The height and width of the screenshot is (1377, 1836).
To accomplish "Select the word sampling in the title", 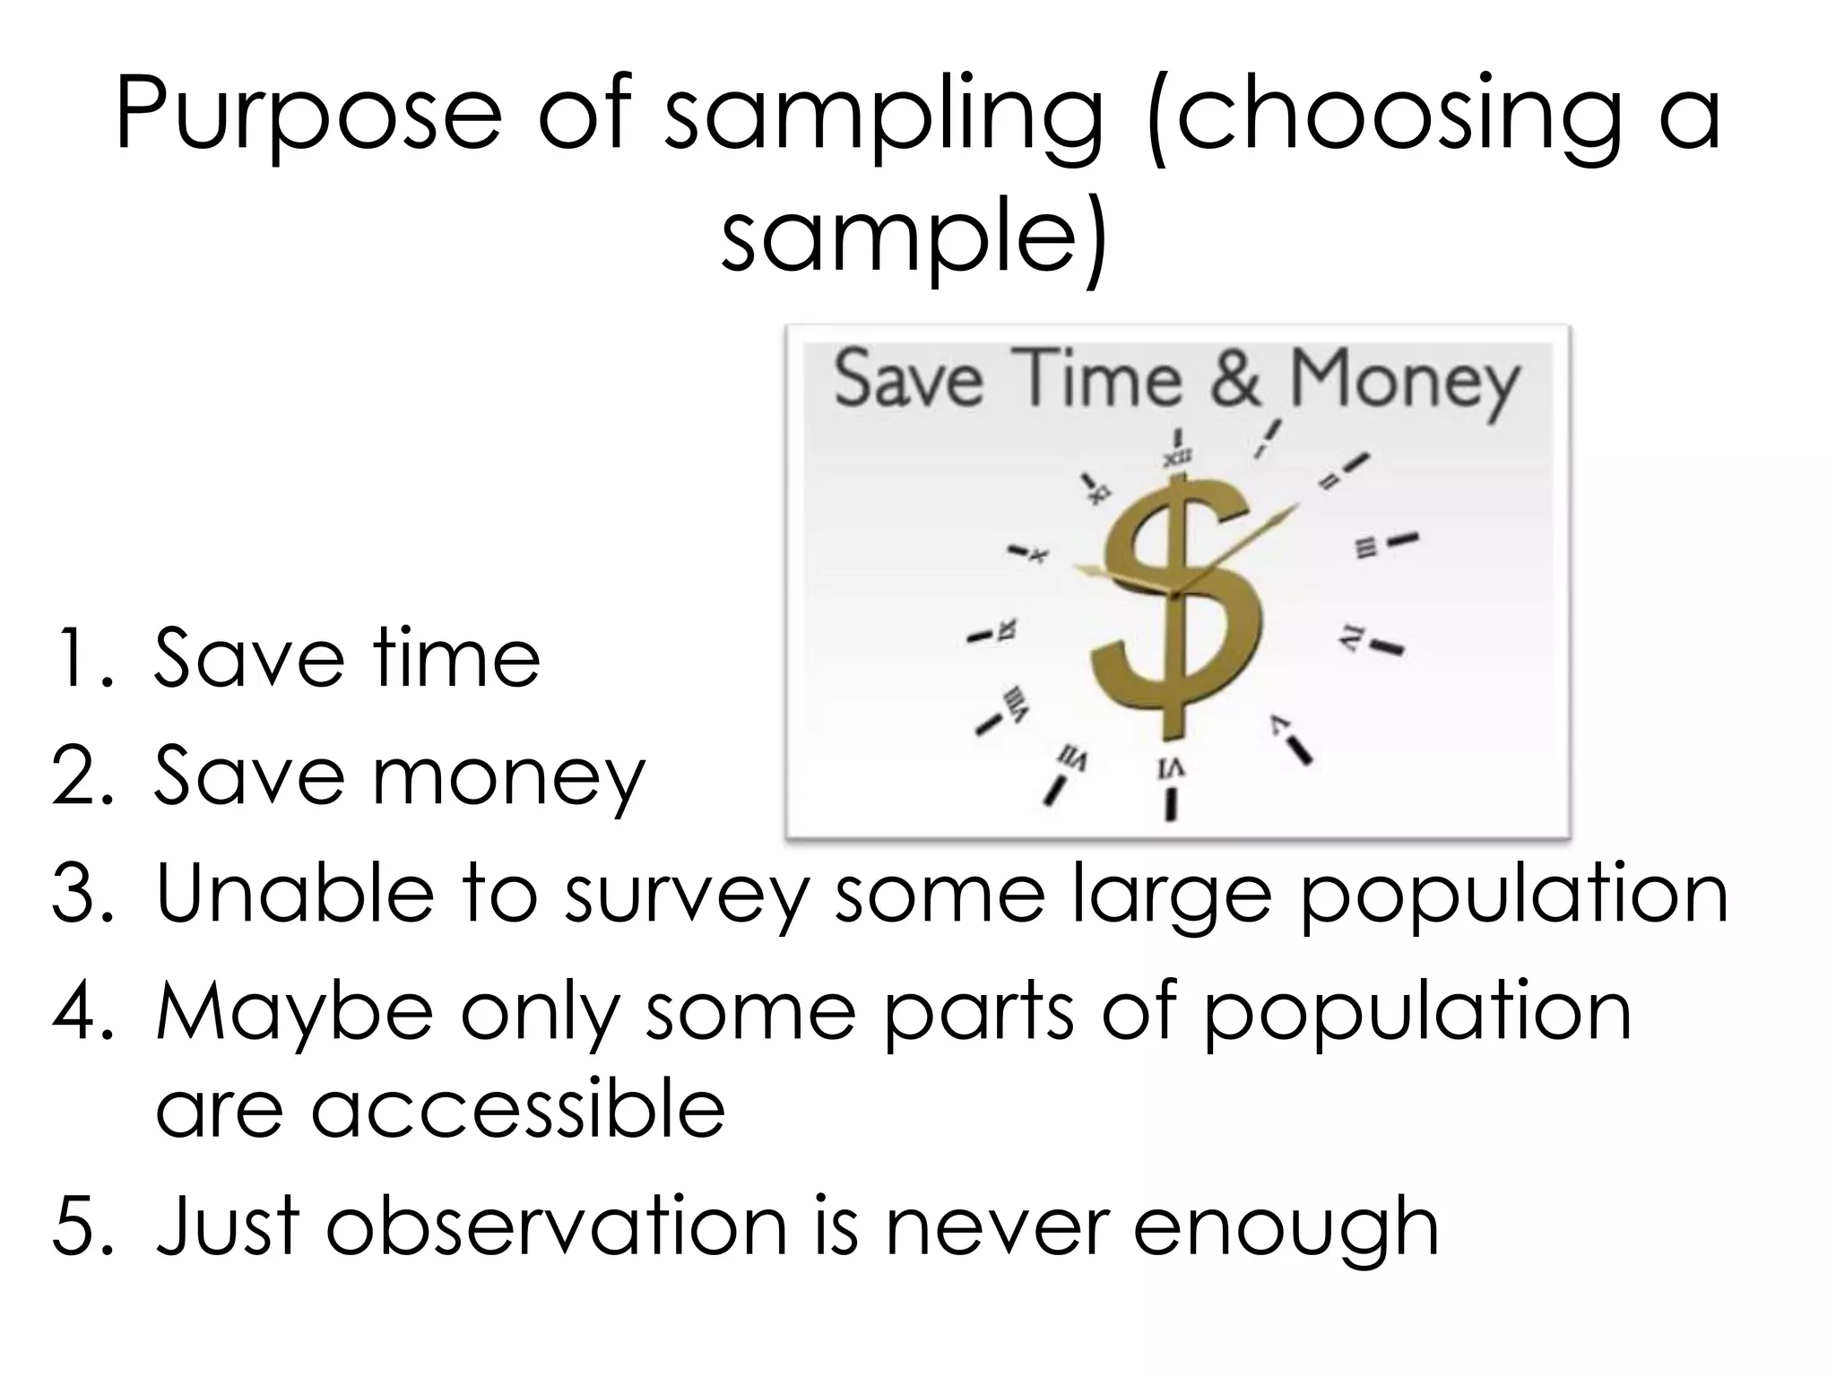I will (x=883, y=117).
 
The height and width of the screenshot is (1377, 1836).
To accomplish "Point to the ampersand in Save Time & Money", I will (x=1236, y=378).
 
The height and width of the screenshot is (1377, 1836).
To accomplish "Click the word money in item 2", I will (x=508, y=778).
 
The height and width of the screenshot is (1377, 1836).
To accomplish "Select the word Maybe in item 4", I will (x=295, y=1013).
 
